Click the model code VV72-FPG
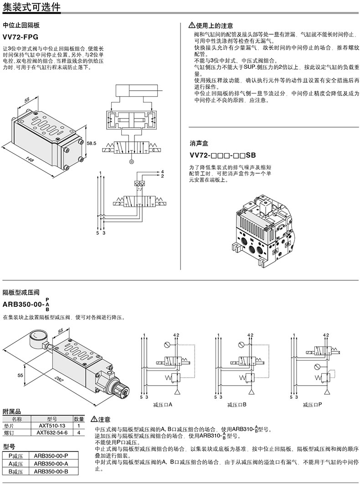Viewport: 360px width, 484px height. pos(21,37)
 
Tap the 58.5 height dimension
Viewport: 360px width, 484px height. pos(92,143)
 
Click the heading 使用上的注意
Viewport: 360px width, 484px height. pos(214,26)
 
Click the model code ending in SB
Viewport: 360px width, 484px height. pos(223,155)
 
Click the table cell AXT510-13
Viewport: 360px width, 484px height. pos(51,426)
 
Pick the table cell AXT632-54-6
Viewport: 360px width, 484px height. pos(52,433)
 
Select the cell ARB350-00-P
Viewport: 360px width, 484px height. pos(51,456)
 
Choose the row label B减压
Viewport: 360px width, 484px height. pos(16,471)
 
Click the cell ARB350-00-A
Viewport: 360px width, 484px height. pos(51,463)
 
